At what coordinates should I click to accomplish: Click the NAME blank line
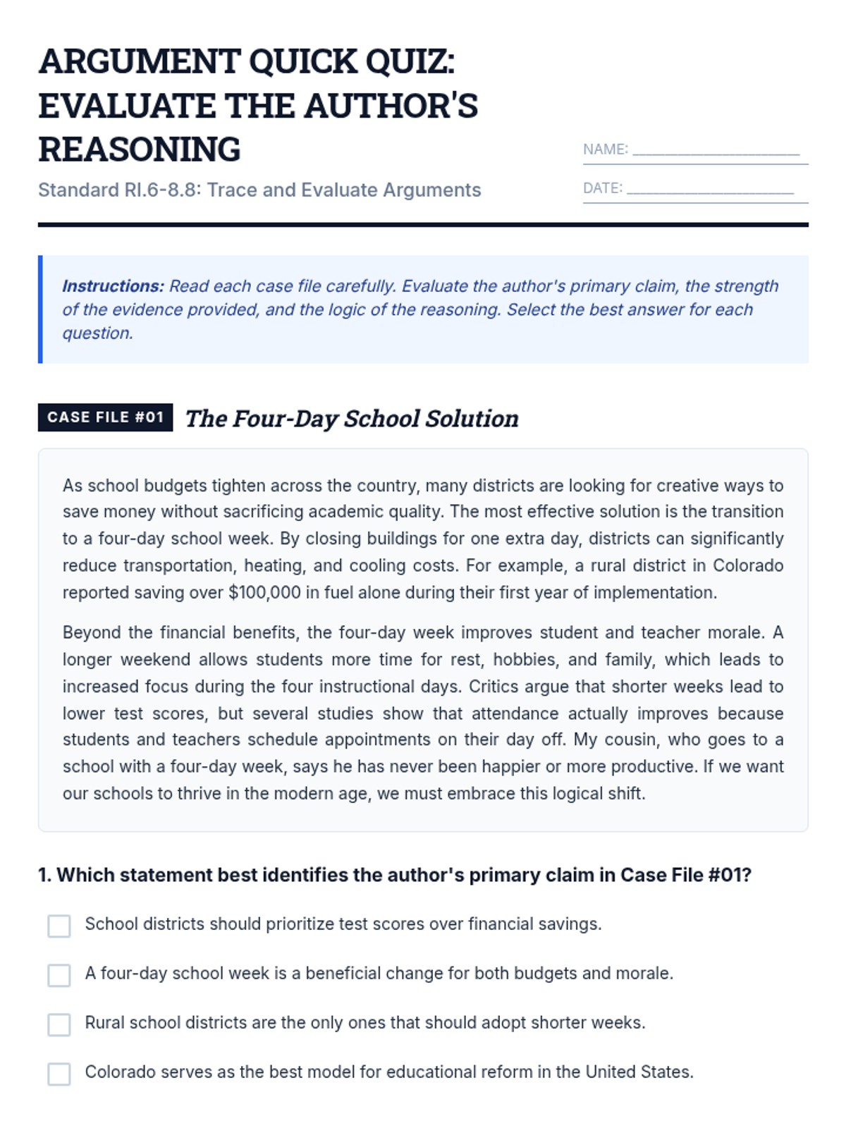(716, 151)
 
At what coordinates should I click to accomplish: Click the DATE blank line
(710, 190)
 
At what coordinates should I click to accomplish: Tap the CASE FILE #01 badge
(106, 417)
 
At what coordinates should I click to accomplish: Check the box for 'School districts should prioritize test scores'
(59, 926)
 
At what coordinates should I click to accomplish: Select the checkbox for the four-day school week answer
(59, 975)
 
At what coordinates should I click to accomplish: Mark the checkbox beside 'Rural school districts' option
(59, 1024)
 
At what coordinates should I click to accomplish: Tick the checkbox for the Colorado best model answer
(59, 1074)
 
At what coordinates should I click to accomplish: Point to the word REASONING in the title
(140, 149)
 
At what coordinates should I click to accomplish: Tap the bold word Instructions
(113, 286)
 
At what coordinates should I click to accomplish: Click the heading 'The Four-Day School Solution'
(352, 419)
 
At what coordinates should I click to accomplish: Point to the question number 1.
(44, 876)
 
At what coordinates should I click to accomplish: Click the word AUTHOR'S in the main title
(391, 106)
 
